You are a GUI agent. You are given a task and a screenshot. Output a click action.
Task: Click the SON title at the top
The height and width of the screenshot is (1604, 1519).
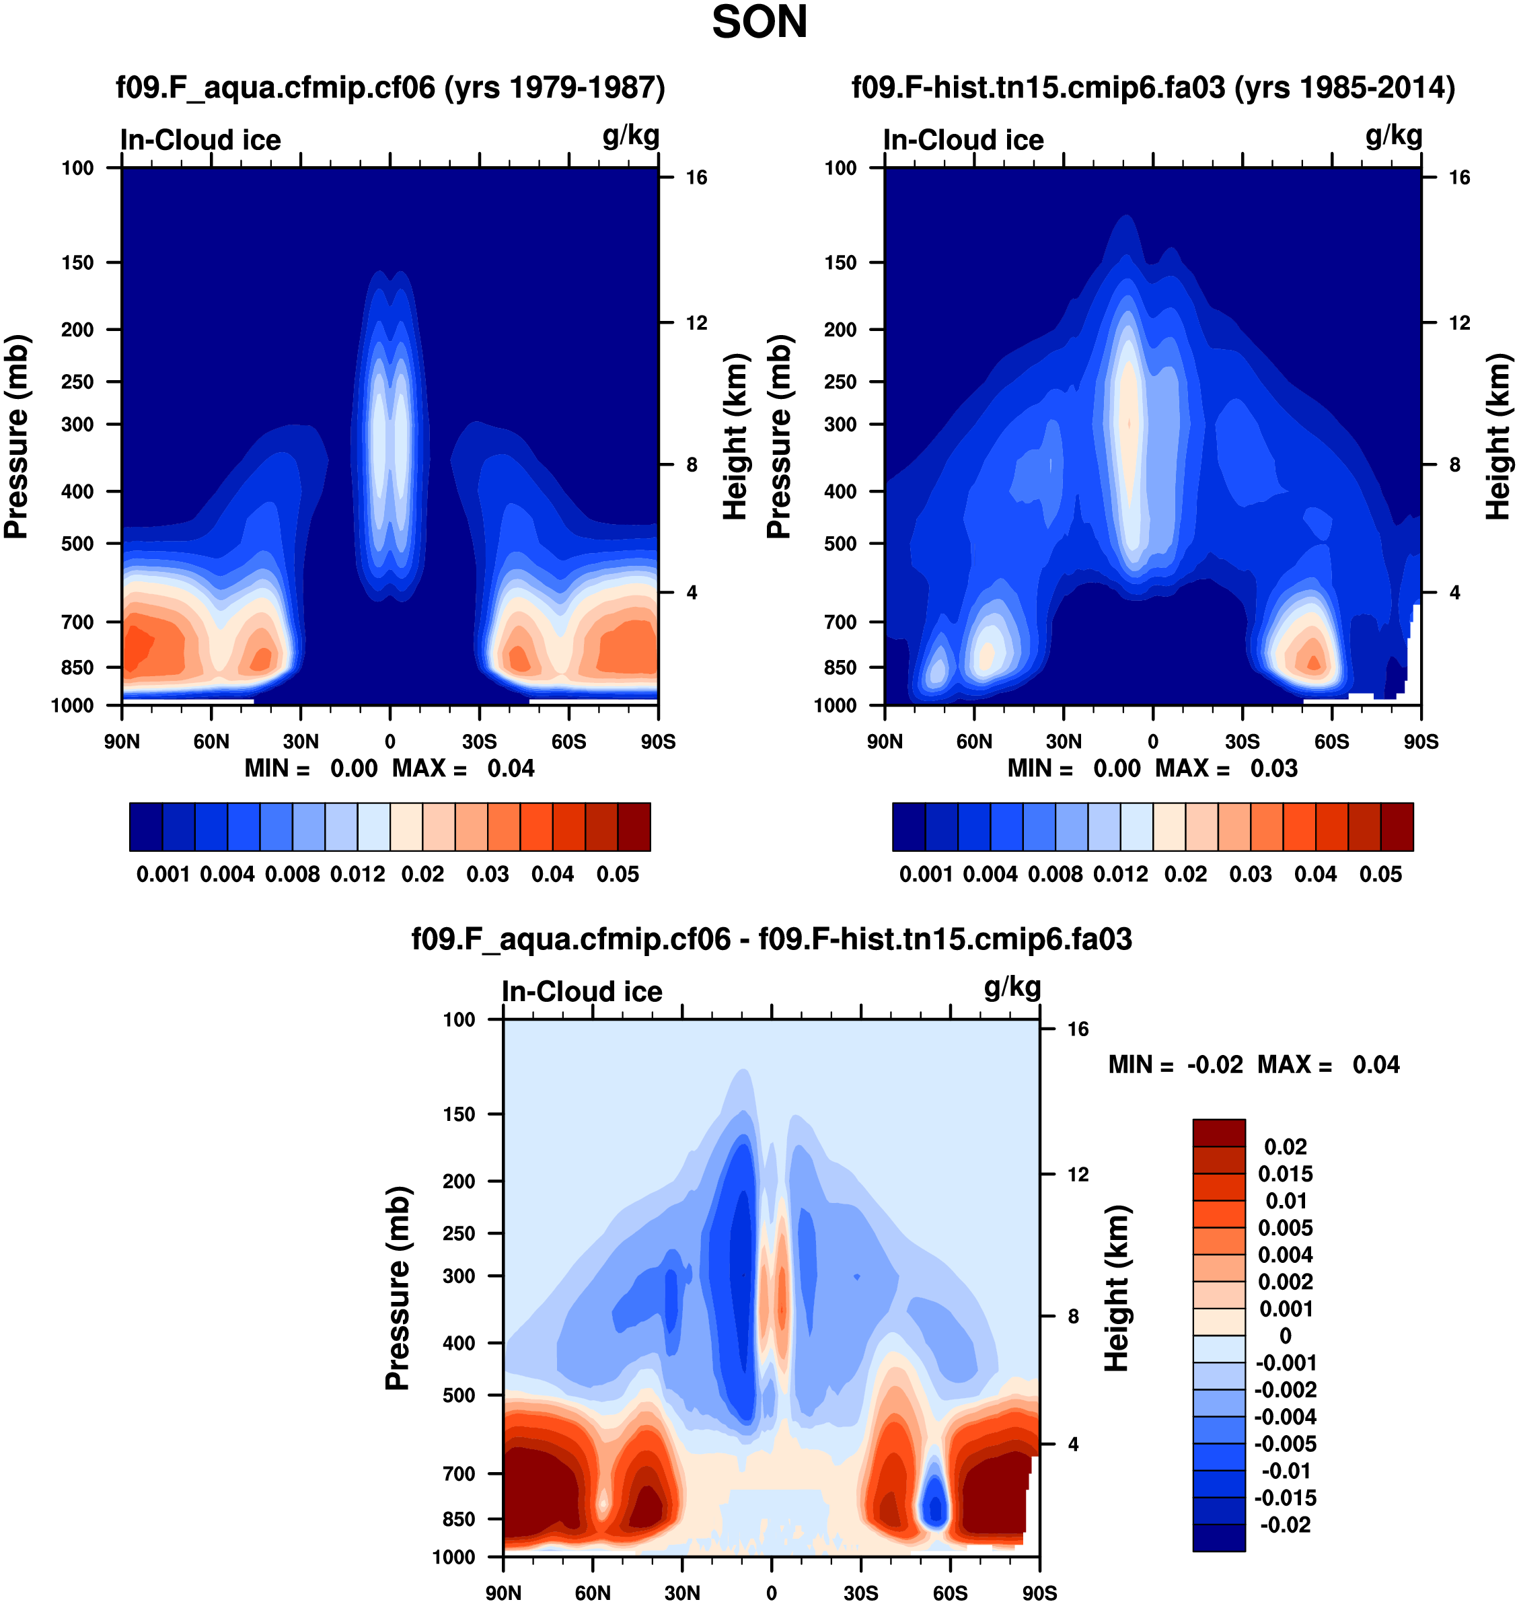pos(759,23)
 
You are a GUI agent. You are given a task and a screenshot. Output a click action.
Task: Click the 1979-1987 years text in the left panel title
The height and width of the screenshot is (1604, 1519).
pos(554,87)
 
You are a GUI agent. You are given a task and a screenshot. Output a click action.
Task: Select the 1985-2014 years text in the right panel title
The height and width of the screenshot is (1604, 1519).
pos(1344,87)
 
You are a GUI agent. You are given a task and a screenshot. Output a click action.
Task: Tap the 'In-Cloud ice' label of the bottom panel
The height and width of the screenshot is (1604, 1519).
pos(581,991)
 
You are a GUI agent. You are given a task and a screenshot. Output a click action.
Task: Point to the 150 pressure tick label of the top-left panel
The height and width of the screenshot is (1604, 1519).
pos(78,262)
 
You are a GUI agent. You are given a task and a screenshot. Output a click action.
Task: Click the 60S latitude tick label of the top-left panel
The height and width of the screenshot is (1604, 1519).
pos(568,741)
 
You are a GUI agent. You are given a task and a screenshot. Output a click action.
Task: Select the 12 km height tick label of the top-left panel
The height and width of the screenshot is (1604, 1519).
pos(696,323)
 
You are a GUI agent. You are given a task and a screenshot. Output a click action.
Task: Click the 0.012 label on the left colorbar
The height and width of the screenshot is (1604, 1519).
pos(357,875)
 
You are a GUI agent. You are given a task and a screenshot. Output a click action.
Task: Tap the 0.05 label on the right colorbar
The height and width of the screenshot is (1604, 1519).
pos(1380,875)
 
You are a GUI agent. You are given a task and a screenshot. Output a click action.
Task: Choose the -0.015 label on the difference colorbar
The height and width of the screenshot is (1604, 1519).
pos(1285,1498)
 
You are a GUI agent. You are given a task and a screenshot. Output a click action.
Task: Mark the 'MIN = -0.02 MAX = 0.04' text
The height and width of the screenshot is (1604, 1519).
pos(1253,1065)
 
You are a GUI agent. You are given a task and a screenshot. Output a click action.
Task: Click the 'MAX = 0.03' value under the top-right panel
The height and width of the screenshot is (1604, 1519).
pos(1226,768)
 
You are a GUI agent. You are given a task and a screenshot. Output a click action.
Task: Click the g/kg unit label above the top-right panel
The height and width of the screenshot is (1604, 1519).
pos(1393,135)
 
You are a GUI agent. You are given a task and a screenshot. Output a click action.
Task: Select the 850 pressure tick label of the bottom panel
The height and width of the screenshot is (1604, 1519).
pos(458,1519)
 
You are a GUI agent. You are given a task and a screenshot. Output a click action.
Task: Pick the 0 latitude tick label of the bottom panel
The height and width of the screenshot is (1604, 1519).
pos(772,1593)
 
